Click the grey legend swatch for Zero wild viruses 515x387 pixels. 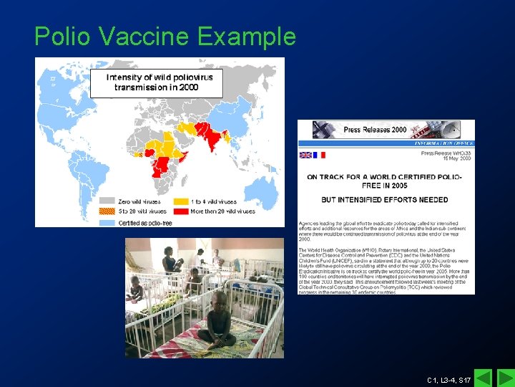coord(107,202)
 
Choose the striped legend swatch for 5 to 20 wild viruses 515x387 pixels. coord(107,211)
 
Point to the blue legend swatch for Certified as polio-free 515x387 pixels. coord(107,221)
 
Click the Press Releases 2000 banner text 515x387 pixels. coord(375,130)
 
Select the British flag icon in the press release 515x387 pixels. coord(305,155)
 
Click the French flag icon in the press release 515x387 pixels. coord(319,155)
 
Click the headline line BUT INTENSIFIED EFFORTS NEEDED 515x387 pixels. coord(385,199)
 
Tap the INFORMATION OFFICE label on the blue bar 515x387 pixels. coord(443,143)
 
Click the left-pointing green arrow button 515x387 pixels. coord(484,378)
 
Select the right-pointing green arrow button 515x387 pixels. coord(504,378)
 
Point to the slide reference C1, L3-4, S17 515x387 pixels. coord(448,379)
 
